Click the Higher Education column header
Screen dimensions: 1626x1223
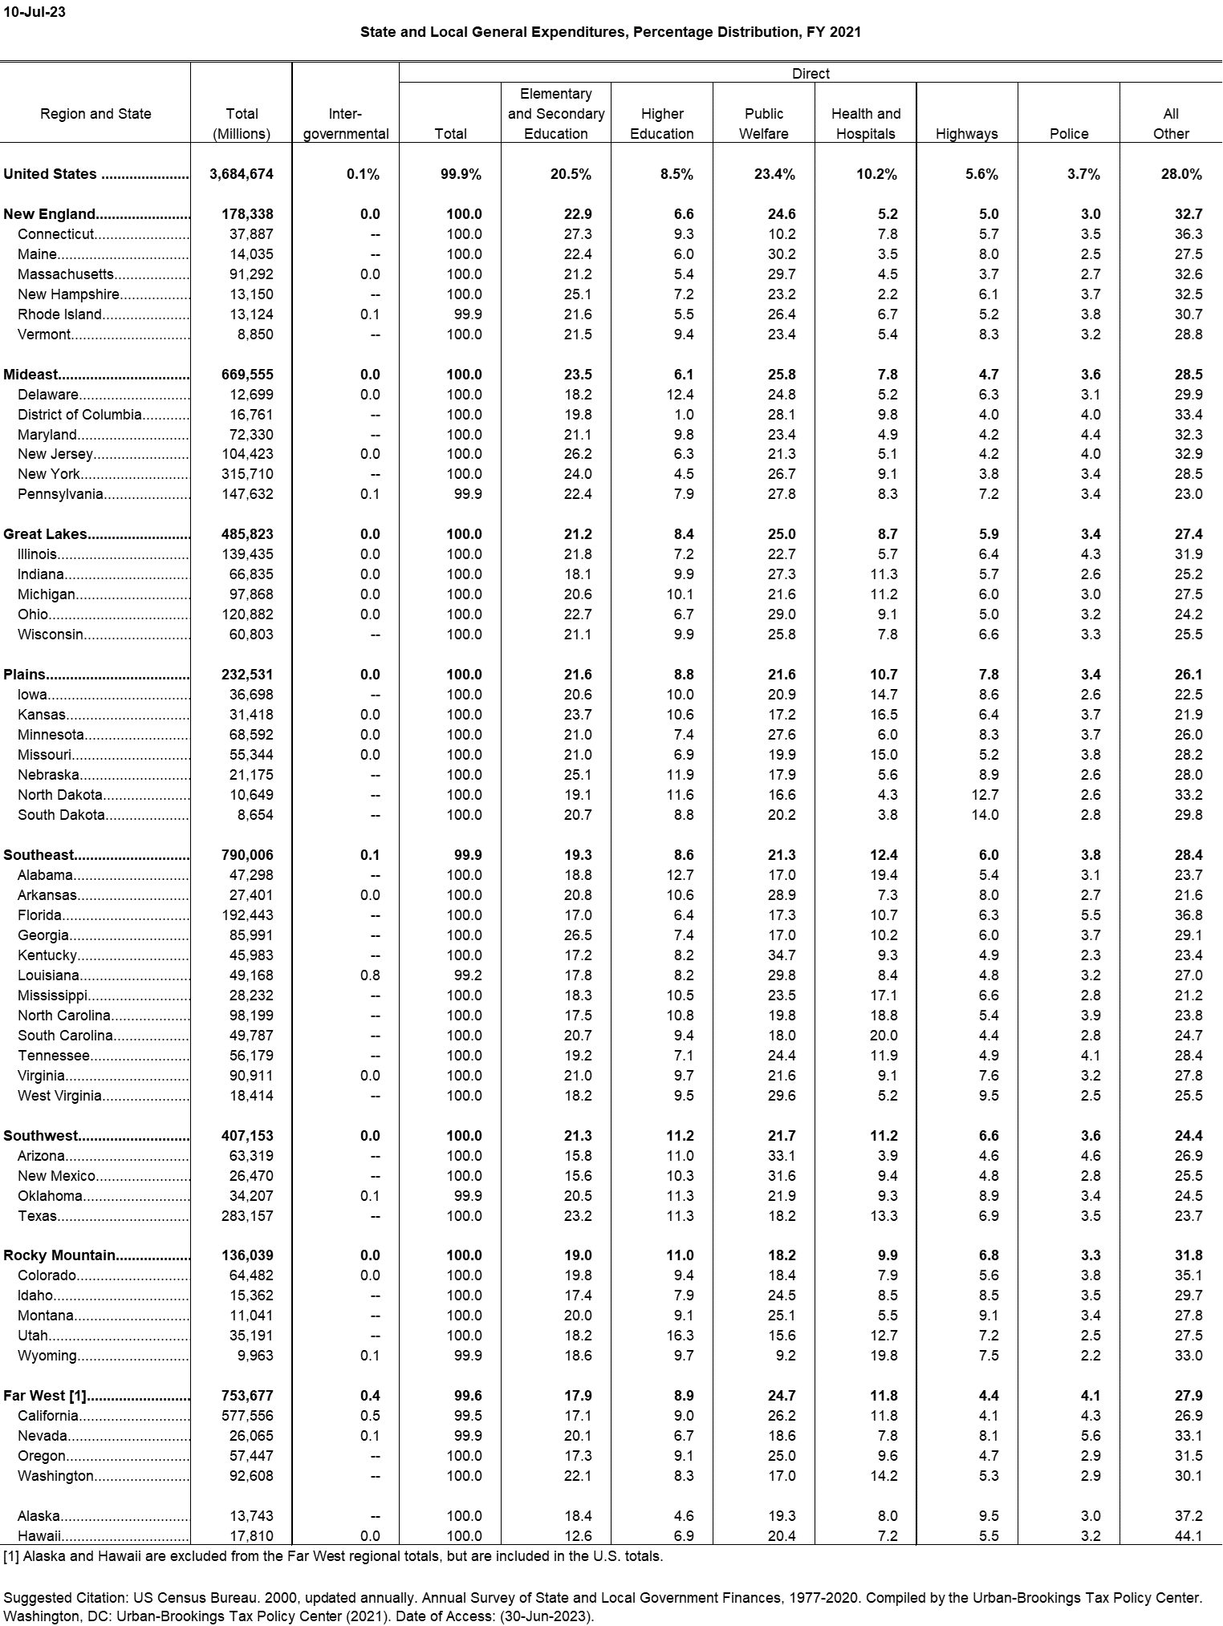[662, 124]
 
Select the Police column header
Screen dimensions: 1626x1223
[1069, 134]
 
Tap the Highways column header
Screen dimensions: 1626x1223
[966, 134]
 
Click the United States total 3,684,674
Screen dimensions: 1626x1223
[241, 174]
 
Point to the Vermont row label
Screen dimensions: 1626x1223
[45, 335]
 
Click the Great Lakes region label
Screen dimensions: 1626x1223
[45, 534]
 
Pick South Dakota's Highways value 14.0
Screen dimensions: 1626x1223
[985, 815]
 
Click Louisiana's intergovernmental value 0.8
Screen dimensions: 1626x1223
[370, 975]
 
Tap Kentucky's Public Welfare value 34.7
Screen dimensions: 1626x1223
[781, 955]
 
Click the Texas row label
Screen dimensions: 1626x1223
[37, 1216]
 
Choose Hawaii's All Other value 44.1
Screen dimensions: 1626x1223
[1188, 1536]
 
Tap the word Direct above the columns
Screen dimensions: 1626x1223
[811, 74]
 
